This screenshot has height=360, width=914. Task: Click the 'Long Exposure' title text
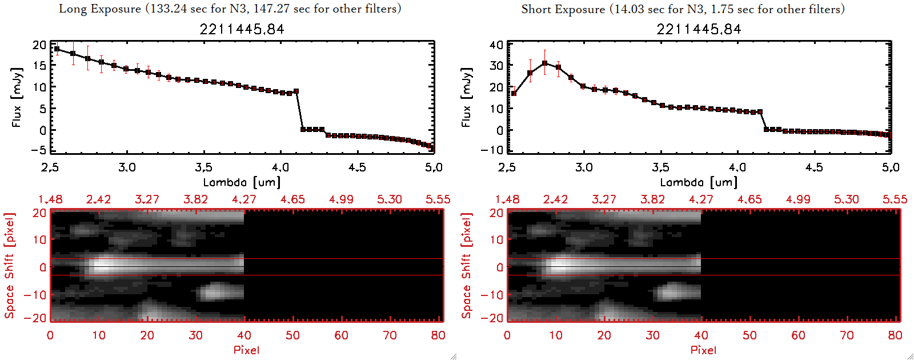pyautogui.click(x=100, y=9)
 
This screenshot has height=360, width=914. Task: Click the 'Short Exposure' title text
pyautogui.click(x=563, y=9)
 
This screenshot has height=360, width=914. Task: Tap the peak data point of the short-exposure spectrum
pyautogui.click(x=545, y=63)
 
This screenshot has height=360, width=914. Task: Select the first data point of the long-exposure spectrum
pyautogui.click(x=57, y=49)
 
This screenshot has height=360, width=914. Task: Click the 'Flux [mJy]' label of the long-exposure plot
pyautogui.click(x=17, y=97)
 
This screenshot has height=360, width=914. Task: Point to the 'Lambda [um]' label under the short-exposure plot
pyautogui.click(x=699, y=182)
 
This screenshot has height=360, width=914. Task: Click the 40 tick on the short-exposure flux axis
pyautogui.click(x=496, y=45)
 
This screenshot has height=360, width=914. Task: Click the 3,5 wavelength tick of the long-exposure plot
pyautogui.click(x=203, y=167)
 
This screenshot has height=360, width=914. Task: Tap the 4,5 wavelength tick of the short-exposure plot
pyautogui.click(x=814, y=167)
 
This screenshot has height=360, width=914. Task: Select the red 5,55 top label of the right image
pyautogui.click(x=895, y=199)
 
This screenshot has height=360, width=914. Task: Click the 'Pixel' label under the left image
pyautogui.click(x=246, y=350)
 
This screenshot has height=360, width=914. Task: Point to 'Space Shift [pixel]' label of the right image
pyautogui.click(x=467, y=265)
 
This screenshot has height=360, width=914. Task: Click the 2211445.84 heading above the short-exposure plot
pyautogui.click(x=699, y=29)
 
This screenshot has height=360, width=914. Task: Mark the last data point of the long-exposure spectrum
pyautogui.click(x=431, y=148)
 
